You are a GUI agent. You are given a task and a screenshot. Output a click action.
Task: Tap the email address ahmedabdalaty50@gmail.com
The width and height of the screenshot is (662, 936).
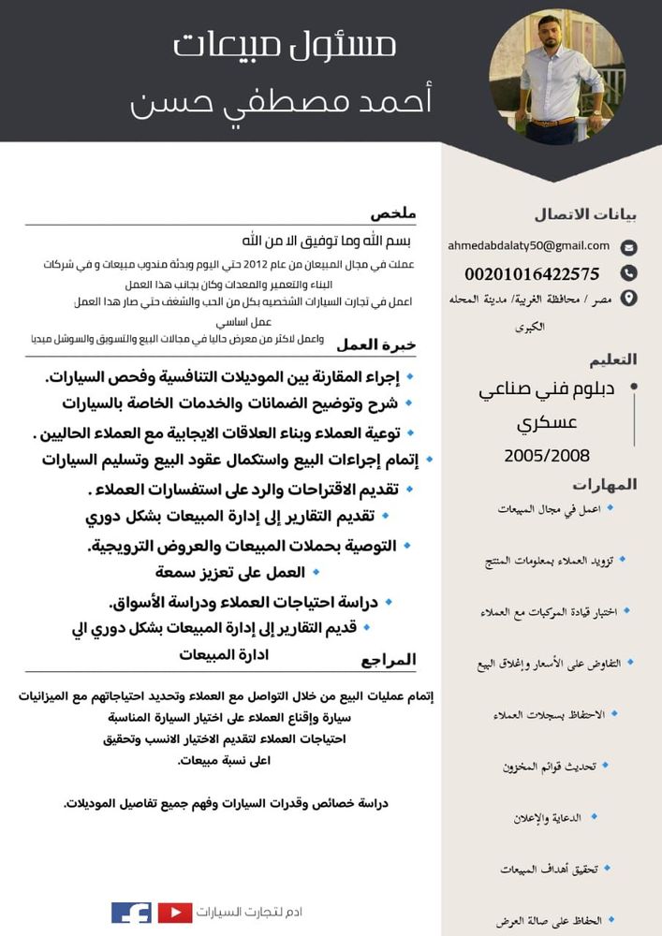click(528, 246)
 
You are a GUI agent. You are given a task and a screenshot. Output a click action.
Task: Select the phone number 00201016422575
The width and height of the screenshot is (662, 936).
click(532, 274)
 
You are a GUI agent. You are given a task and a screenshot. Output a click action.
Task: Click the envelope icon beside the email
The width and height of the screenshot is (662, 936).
click(629, 248)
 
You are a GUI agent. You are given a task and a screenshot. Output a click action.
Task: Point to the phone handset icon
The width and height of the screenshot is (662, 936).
click(629, 273)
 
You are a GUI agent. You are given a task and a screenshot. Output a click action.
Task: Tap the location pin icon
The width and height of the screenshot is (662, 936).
click(629, 299)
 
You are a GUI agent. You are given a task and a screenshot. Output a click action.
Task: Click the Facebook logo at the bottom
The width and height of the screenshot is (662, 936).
click(131, 912)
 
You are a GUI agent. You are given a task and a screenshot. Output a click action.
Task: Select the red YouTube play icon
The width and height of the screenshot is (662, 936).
click(175, 912)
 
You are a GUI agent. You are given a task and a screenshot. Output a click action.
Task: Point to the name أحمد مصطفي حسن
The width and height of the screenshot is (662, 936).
click(281, 101)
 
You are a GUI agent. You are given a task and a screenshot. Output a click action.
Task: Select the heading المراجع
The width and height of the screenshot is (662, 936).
click(388, 660)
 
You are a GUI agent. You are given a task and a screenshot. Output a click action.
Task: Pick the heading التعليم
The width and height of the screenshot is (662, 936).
click(612, 359)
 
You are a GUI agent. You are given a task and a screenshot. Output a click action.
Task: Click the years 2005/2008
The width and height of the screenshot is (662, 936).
click(547, 456)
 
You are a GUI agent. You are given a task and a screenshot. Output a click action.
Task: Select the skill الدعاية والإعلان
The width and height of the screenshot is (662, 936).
click(547, 817)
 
